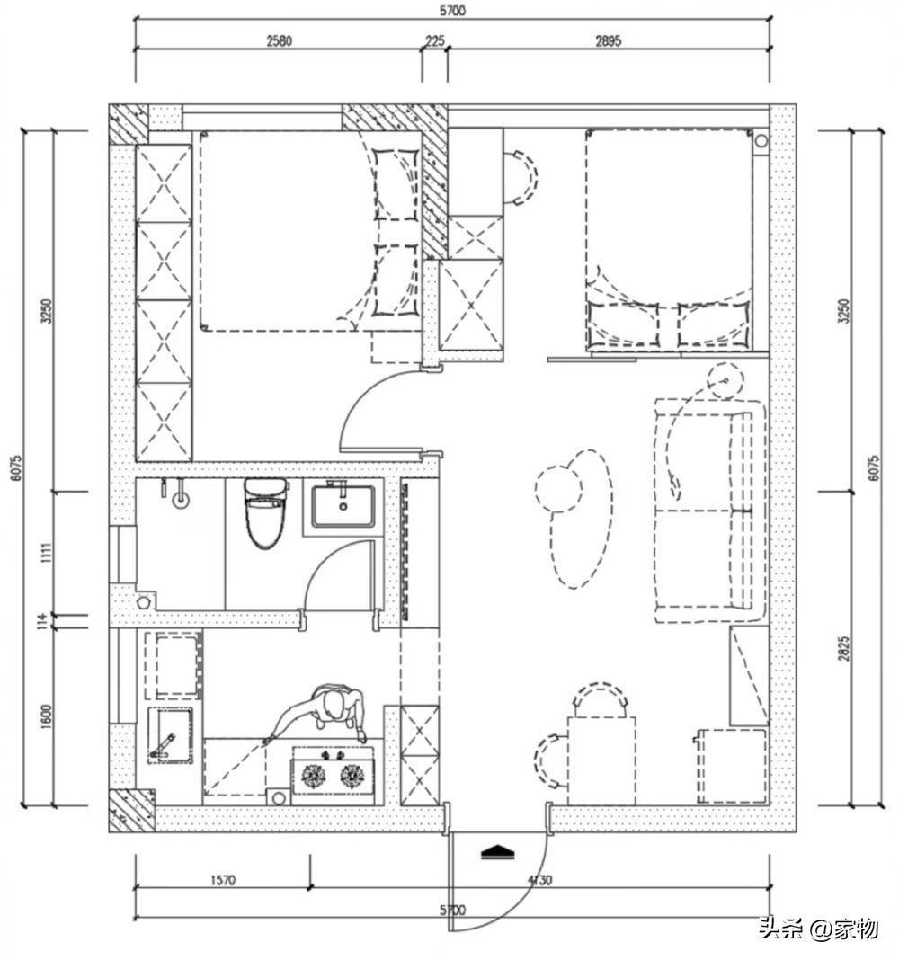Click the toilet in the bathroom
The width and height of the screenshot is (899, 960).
pyautogui.click(x=265, y=513)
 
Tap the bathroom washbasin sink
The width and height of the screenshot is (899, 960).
pyautogui.click(x=343, y=506)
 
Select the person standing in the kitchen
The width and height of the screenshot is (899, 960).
pyautogui.click(x=327, y=713)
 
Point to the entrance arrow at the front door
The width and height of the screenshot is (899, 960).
pyautogui.click(x=497, y=852)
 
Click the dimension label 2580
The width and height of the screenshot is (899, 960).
pyautogui.click(x=280, y=41)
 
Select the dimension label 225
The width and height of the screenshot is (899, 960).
pyautogui.click(x=434, y=41)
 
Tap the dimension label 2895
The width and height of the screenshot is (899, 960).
pyautogui.click(x=608, y=41)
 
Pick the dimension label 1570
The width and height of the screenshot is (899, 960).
pyautogui.click(x=223, y=880)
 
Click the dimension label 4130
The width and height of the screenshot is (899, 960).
pyautogui.click(x=539, y=880)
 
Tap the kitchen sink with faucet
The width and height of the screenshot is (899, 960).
pyautogui.click(x=170, y=735)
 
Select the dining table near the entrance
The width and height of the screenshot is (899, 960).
pyautogui.click(x=601, y=761)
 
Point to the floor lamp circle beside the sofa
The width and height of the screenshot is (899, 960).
pyautogui.click(x=725, y=381)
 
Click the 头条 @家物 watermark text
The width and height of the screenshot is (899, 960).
pyautogui.click(x=819, y=929)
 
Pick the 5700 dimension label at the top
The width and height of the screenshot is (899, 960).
pyautogui.click(x=452, y=11)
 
